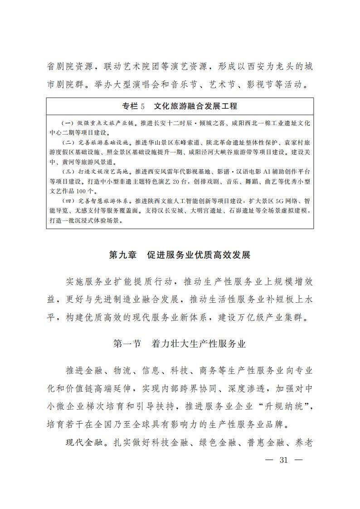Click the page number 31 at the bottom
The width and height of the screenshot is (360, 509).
coord(284,460)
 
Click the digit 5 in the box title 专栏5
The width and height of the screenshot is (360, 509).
coord(142,107)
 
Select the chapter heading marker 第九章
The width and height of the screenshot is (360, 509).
coord(123,255)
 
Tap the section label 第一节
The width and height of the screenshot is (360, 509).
coord(129,344)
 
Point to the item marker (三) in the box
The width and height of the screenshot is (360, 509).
coord(68,173)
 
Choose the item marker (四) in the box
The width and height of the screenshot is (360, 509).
coord(68,200)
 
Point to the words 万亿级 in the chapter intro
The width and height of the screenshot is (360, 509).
coord(244,316)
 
